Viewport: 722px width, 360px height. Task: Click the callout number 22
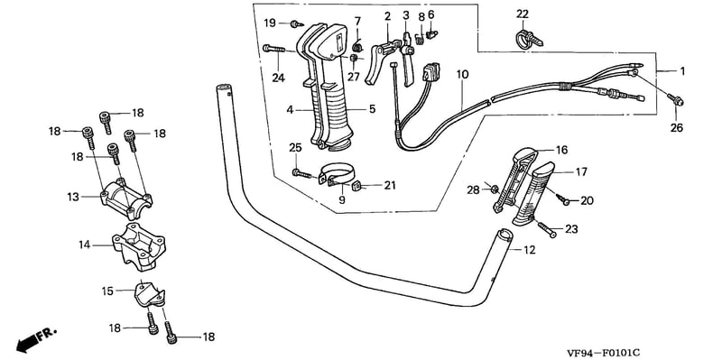tap(523, 14)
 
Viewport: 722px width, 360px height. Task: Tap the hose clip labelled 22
tap(529, 38)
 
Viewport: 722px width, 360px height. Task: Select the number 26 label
tap(676, 127)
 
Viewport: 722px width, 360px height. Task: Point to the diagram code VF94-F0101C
tap(603, 353)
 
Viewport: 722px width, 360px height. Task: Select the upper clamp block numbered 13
tap(126, 198)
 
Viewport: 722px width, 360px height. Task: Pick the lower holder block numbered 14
tap(139, 246)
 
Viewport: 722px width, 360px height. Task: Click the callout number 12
tap(530, 250)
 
